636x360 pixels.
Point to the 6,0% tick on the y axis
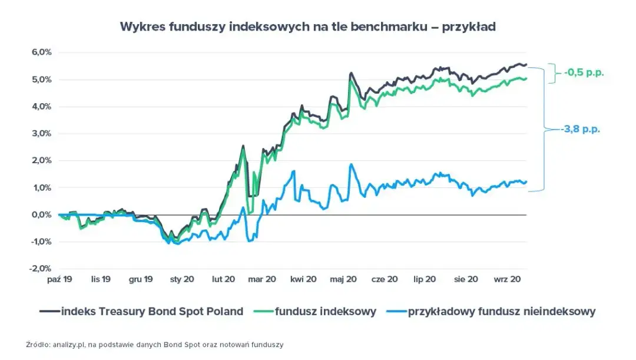point(42,52)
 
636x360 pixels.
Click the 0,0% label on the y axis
point(42,214)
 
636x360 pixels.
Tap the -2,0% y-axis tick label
point(41,269)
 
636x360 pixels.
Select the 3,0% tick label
point(42,134)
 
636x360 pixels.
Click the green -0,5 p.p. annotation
point(584,74)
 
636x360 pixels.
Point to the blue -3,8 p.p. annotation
point(580,129)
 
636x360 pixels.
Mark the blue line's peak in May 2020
point(351,165)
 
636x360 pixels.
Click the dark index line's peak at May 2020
point(351,74)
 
